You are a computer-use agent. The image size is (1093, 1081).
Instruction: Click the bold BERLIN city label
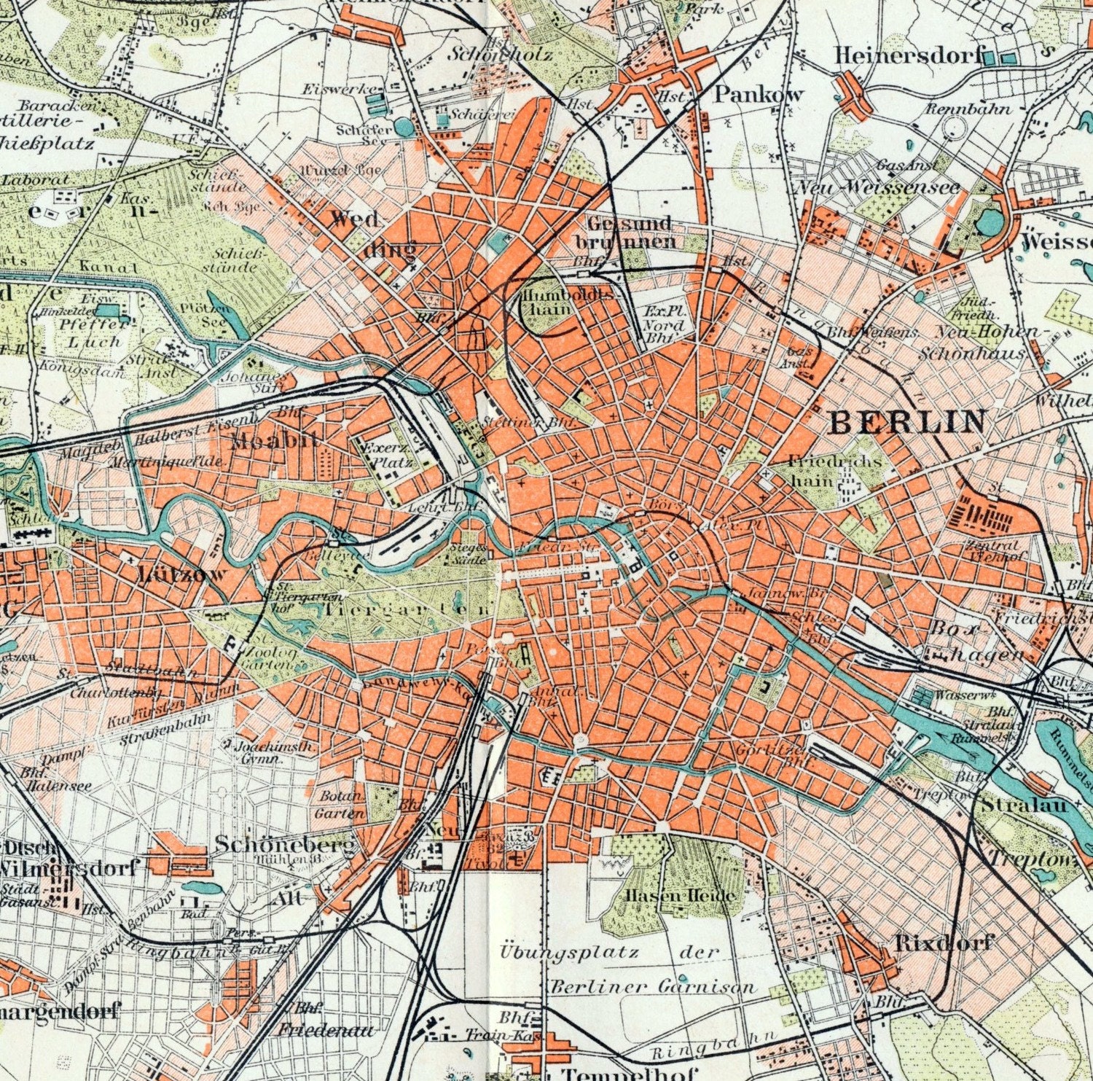pos(908,422)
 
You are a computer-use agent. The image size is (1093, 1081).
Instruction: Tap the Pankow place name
pos(758,94)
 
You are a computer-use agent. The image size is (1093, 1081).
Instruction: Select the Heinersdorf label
pos(908,55)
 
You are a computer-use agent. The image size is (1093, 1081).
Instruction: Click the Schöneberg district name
pos(285,845)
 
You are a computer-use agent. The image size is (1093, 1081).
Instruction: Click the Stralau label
pos(1024,805)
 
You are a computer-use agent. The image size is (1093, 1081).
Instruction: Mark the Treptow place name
pos(1033,859)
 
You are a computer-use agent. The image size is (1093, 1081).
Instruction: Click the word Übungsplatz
pos(570,952)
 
